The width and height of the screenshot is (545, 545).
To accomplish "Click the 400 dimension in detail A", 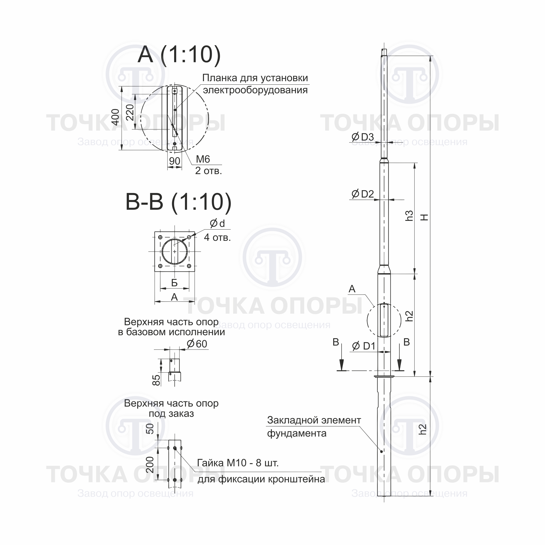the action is pyautogui.click(x=116, y=117).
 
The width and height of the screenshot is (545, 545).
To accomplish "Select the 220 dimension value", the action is pyautogui.click(x=130, y=112).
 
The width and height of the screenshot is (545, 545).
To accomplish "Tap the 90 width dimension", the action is pyautogui.click(x=174, y=161).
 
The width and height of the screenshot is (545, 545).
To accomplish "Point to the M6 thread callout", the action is pyautogui.click(x=203, y=159).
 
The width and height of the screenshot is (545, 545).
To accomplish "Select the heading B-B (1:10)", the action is pyautogui.click(x=178, y=202).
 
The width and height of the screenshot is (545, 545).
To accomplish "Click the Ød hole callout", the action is pyautogui.click(x=217, y=223).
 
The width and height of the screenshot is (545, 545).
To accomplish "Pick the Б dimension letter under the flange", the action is pyautogui.click(x=174, y=283).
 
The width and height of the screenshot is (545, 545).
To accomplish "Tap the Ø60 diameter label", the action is pyautogui.click(x=197, y=344).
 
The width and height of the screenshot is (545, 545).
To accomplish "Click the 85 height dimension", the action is pyautogui.click(x=156, y=380).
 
